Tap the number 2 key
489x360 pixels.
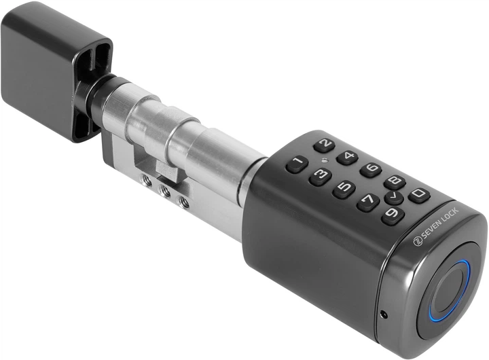point(325,145)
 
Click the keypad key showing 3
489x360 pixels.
point(321,177)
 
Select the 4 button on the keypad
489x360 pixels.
point(347,158)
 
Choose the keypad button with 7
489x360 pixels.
point(368,202)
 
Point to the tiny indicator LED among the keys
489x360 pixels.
point(325,161)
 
